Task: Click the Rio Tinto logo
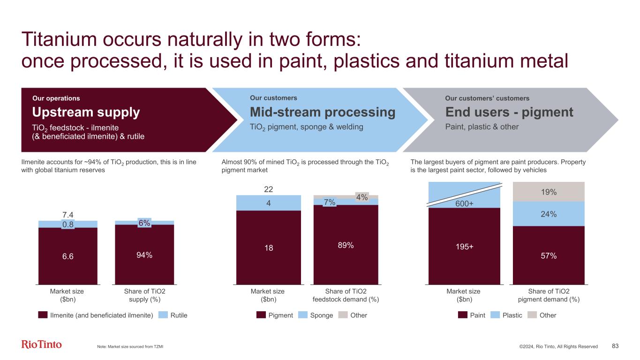[41, 345]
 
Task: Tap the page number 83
[615, 346]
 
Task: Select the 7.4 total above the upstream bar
[68, 215]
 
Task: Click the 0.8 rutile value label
[68, 225]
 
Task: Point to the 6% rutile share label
[144, 223]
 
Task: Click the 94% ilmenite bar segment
[144, 255]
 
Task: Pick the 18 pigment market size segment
[269, 247]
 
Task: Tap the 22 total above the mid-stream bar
[269, 189]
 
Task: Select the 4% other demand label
[362, 197]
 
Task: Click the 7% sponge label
[330, 202]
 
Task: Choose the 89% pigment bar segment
[346, 245]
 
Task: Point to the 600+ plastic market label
[464, 203]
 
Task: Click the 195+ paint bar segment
[464, 246]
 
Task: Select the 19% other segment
[549, 192]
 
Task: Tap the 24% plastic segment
[549, 214]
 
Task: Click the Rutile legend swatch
[163, 315]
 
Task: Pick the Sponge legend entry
[316, 315]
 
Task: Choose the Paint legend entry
[471, 315]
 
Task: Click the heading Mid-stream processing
[323, 112]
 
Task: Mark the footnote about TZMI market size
[130, 346]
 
